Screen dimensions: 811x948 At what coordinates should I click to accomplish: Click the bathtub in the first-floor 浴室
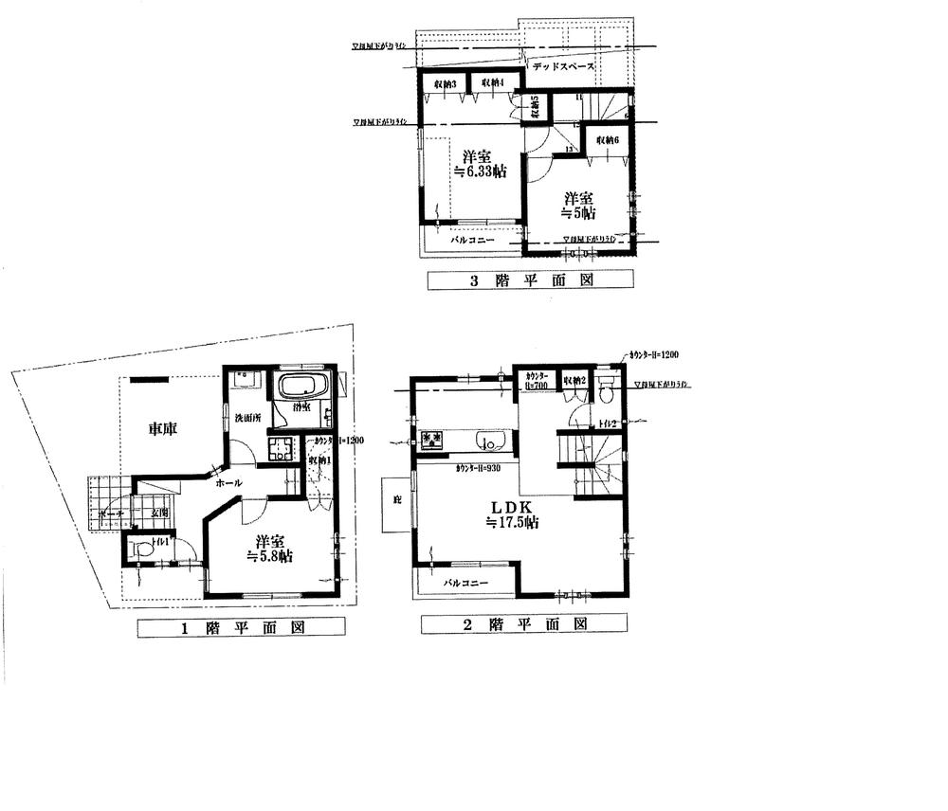point(301,387)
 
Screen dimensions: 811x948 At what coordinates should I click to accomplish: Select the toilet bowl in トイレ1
point(142,548)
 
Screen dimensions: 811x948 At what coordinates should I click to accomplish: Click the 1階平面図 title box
point(242,627)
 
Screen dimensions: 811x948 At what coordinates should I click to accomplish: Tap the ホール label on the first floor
point(229,483)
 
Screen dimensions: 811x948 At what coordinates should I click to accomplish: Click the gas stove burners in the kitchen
point(434,440)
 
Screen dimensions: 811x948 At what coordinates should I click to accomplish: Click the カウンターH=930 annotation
point(480,468)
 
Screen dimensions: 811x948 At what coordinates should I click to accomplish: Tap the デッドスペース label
point(562,67)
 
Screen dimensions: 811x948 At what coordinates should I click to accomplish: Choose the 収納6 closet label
point(608,140)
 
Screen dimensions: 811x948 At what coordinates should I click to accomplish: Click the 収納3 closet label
point(446,85)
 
